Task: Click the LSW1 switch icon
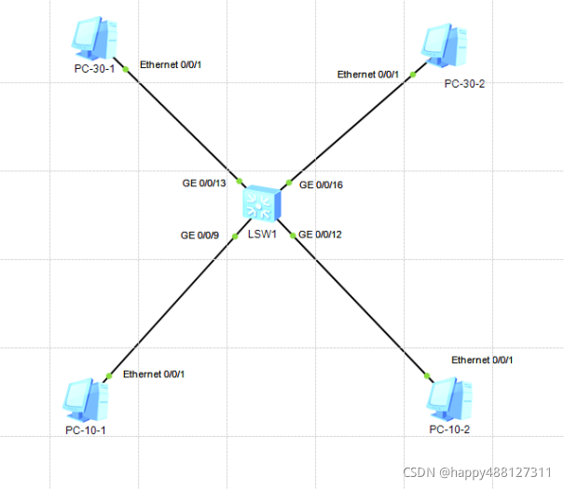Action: click(262, 202)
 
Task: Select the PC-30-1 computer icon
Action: click(94, 38)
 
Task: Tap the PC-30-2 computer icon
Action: click(445, 46)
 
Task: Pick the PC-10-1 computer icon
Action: click(86, 400)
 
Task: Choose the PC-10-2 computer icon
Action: click(449, 400)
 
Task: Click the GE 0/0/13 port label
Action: click(204, 183)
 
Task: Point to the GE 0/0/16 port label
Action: click(321, 185)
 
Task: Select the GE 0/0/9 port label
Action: click(199, 236)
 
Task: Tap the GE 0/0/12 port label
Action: click(320, 235)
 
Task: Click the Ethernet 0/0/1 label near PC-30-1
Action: click(171, 64)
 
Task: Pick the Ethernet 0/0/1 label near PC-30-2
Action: click(368, 75)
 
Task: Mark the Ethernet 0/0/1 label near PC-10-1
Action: click(154, 374)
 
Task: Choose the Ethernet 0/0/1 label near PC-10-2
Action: click(482, 360)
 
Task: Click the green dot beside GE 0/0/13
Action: click(240, 181)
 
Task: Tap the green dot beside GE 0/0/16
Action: click(289, 183)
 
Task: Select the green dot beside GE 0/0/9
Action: click(235, 236)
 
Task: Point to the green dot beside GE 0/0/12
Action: click(293, 236)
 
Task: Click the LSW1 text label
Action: click(262, 235)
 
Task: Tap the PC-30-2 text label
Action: click(464, 84)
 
